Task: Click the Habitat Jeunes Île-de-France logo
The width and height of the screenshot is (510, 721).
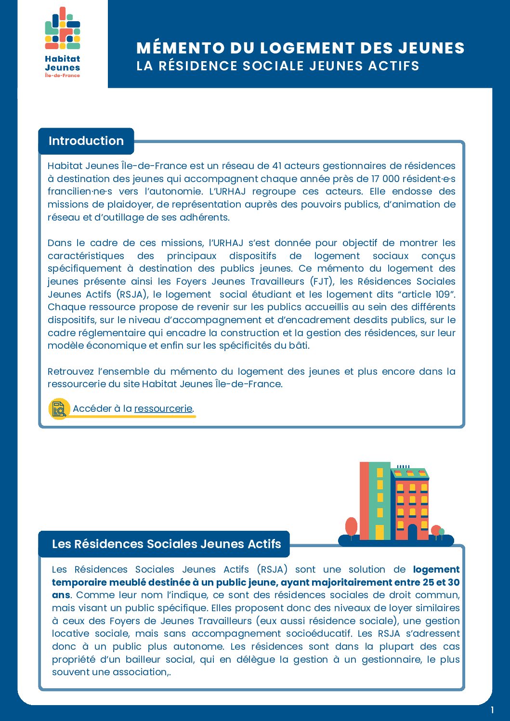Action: [x=63, y=42]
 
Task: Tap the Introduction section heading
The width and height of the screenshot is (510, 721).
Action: [x=86, y=141]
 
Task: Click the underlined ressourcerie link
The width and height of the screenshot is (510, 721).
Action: [x=163, y=408]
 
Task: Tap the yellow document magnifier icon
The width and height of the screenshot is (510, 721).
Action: [x=59, y=408]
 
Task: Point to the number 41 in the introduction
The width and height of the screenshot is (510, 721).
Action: [x=276, y=166]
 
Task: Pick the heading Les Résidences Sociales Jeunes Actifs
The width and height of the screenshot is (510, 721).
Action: [x=166, y=544]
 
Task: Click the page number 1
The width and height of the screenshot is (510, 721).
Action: [x=492, y=710]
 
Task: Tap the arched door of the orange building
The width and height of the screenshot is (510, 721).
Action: [x=412, y=532]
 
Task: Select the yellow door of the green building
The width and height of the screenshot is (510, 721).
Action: [x=379, y=532]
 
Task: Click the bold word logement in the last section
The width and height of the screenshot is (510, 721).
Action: [x=436, y=569]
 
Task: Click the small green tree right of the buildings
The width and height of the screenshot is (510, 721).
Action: [x=442, y=532]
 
